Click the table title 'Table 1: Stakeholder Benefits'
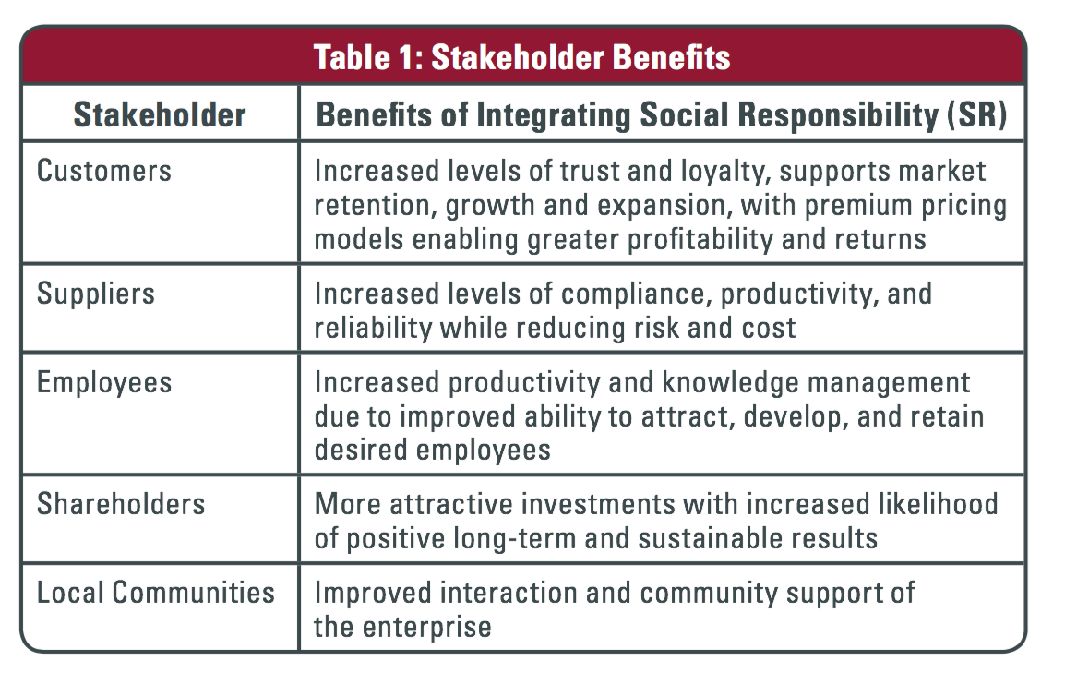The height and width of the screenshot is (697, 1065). point(521,57)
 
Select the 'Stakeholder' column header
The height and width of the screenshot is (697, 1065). point(160,114)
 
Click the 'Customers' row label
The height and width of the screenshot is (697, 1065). point(104,171)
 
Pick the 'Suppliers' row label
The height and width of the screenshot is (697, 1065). point(96,294)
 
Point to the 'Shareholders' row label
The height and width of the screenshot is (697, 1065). point(121,504)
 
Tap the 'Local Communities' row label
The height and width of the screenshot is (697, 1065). point(156,593)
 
